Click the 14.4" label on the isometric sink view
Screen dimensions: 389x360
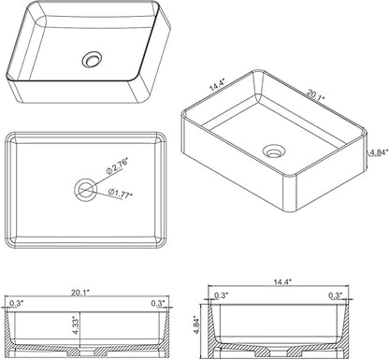pos(217,85)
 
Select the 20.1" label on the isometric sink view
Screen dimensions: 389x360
pos(315,94)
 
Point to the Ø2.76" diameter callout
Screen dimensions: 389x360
pos(117,166)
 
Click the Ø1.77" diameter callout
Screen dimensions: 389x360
pos(121,193)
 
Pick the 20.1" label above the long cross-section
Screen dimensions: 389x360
pos(80,293)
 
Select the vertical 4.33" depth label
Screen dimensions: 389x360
pos(76,325)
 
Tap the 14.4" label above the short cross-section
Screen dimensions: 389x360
pos(282,281)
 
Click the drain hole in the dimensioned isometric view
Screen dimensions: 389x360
pos(274,151)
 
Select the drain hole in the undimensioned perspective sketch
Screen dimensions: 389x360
pos(92,59)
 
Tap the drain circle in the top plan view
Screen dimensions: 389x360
pos(85,190)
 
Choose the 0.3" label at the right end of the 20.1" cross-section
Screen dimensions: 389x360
pos(158,303)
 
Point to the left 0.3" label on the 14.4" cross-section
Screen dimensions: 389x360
pos(222,295)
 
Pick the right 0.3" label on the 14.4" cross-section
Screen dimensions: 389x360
pos(336,295)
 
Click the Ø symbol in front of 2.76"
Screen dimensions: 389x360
pos(109,170)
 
